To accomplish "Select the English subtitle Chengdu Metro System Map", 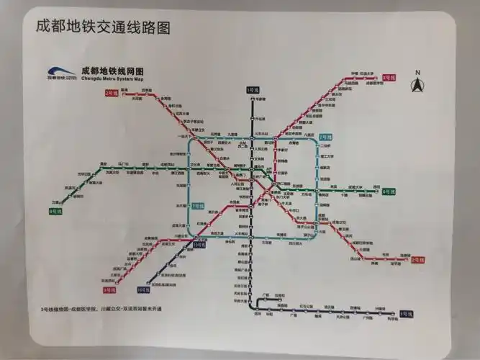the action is tap(113, 78).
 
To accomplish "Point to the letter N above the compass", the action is tap(417, 71).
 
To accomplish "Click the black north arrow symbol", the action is tap(417, 85).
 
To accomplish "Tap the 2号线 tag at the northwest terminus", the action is tap(112, 92).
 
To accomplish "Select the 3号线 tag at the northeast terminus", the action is tap(389, 76).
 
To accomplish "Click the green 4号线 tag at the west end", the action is tap(55, 211).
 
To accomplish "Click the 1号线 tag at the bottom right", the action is tap(406, 314).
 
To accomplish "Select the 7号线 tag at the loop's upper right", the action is tap(326, 136).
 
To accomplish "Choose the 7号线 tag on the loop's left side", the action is tap(197, 206).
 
